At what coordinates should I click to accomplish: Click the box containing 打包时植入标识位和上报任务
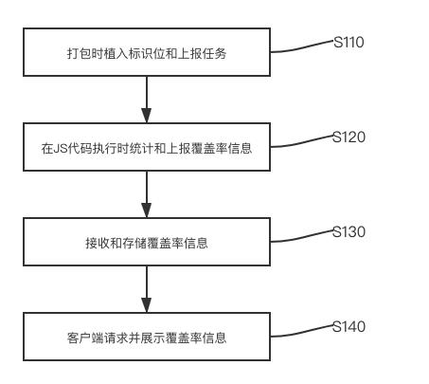[147, 53]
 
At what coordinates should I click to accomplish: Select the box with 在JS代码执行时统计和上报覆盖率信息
[147, 148]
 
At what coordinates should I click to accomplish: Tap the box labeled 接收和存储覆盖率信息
[147, 243]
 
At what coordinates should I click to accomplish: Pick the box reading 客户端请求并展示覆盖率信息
[147, 338]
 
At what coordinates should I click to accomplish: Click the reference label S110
[349, 43]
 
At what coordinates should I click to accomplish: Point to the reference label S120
[349, 137]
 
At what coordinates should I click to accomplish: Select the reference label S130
[349, 232]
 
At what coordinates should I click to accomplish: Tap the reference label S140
[349, 327]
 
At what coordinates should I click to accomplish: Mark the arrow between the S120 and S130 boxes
[147, 194]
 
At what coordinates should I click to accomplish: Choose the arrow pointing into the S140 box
[147, 289]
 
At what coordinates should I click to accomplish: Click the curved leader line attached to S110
[301, 47]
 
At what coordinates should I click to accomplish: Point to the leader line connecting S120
[301, 142]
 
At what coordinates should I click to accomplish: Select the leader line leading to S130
[301, 237]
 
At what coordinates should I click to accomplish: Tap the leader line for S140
[301, 332]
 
